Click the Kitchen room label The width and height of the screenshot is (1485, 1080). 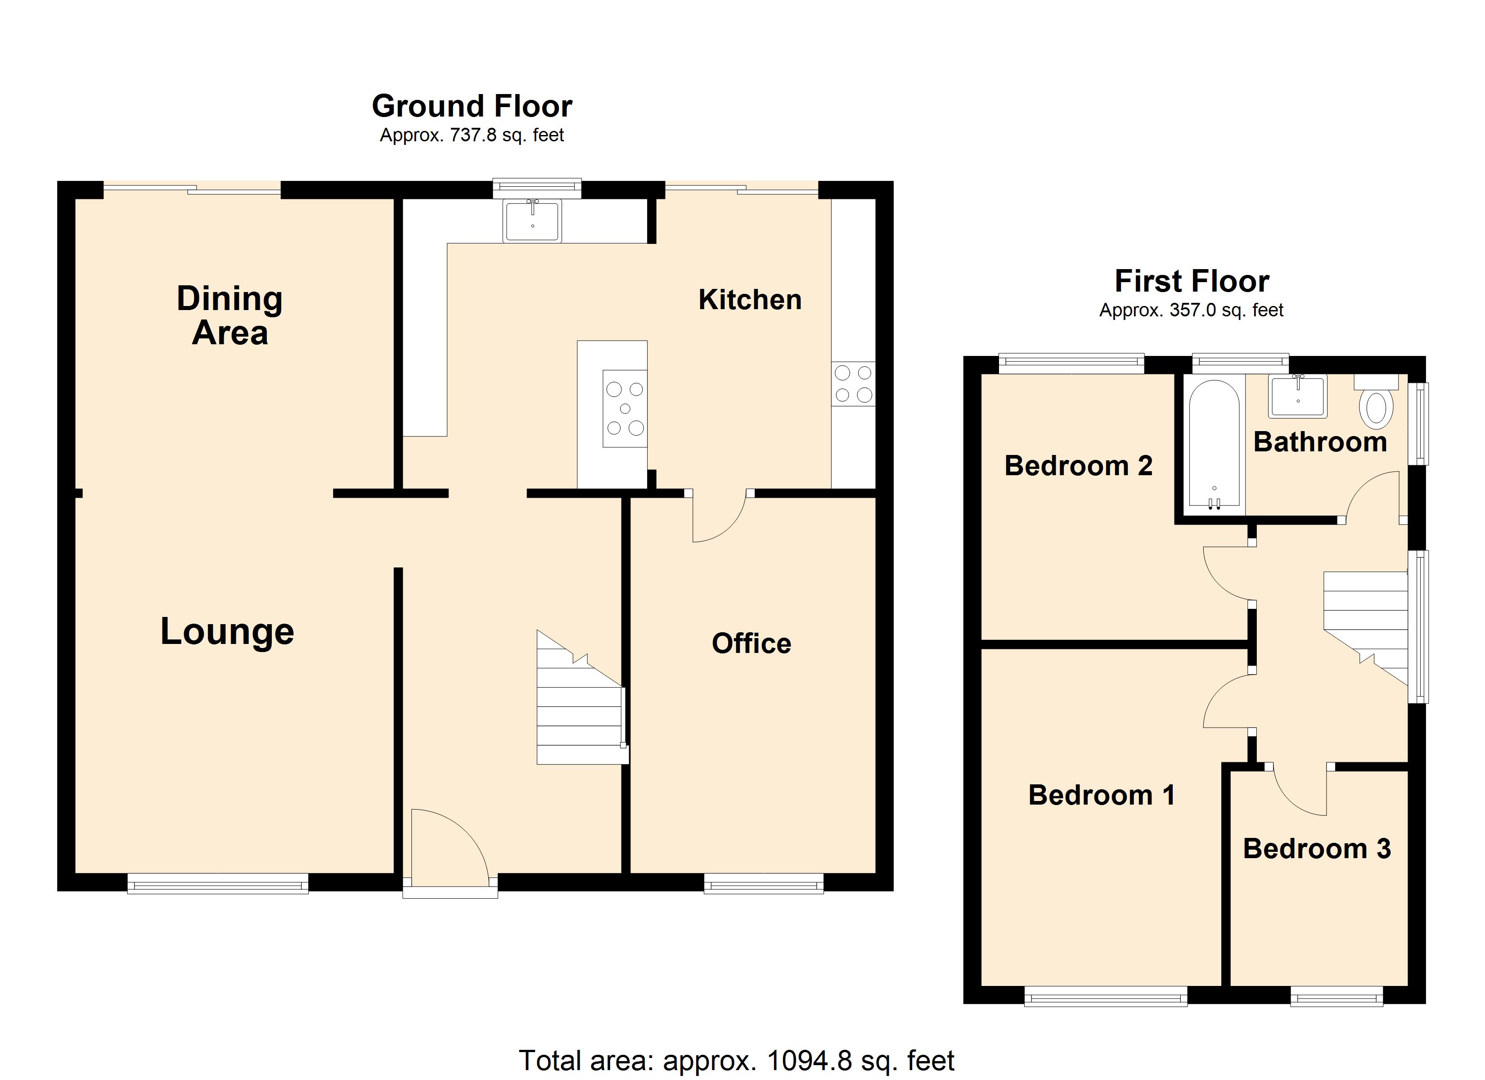(750, 300)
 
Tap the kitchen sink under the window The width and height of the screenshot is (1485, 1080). (532, 220)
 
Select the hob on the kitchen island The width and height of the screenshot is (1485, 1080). (625, 409)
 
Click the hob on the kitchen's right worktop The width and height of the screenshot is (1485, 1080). (853, 384)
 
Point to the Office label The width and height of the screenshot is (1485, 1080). (751, 644)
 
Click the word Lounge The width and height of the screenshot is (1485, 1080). (227, 632)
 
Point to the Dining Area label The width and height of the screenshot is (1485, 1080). (230, 316)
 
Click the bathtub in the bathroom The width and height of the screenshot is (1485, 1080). (1214, 445)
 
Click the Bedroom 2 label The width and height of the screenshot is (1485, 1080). (1078, 466)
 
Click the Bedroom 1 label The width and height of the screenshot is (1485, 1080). (1101, 796)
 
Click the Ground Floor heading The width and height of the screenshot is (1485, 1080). (472, 106)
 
